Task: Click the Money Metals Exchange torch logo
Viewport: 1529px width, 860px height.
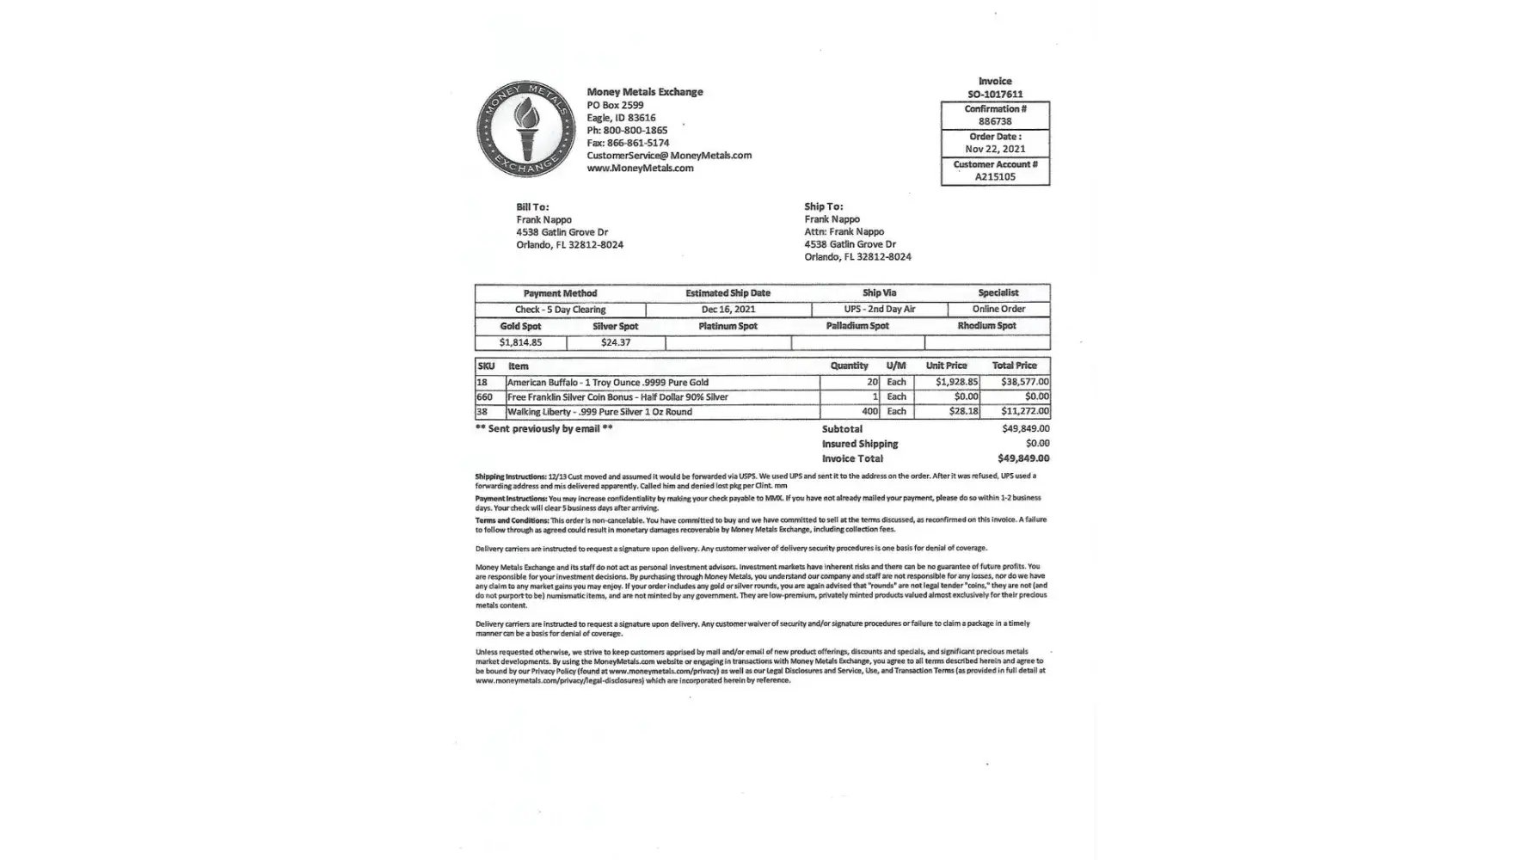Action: point(526,129)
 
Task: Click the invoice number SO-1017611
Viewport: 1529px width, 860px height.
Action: point(995,95)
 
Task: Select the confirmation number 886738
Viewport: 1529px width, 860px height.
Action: point(995,122)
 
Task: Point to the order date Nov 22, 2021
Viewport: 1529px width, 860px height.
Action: point(995,149)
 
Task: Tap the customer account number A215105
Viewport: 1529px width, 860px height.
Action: point(995,177)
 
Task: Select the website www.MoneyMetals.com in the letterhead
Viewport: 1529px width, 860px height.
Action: point(640,169)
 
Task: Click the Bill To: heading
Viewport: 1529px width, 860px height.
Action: point(532,207)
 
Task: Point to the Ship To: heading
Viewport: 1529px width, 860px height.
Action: point(823,206)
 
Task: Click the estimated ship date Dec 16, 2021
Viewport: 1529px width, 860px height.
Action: point(728,310)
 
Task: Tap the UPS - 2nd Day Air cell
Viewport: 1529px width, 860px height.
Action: point(879,310)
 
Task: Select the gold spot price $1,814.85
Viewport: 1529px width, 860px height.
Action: point(520,342)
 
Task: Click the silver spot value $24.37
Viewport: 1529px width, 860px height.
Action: point(615,342)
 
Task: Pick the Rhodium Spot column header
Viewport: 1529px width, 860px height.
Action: point(986,326)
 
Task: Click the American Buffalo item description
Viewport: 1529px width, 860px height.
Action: point(607,383)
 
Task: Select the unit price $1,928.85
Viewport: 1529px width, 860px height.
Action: point(956,382)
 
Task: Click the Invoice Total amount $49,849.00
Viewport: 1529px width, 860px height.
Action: point(1022,459)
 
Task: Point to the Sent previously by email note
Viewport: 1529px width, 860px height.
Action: point(543,429)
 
